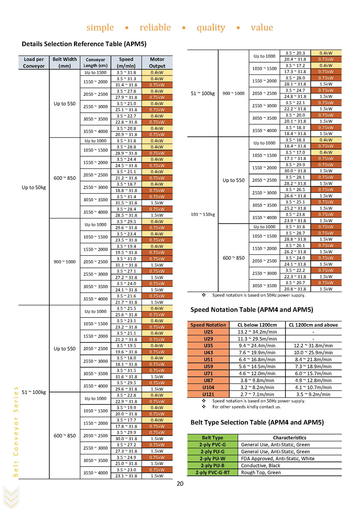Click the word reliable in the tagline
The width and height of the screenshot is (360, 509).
pyautogui.click(x=155, y=27)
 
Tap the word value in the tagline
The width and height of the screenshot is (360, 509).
pyautogui.click(x=262, y=27)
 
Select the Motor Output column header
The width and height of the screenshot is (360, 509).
pyautogui.click(x=157, y=63)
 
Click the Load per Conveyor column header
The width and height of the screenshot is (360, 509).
pyautogui.click(x=34, y=63)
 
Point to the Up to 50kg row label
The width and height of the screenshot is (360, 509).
pyautogui.click(x=34, y=188)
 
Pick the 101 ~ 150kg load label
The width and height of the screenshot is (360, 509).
pyautogui.click(x=203, y=214)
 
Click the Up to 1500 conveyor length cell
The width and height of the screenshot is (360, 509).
pyautogui.click(x=95, y=72)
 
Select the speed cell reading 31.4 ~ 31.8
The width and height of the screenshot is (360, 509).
pyautogui.click(x=126, y=85)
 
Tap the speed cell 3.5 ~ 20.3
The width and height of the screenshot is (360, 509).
pyautogui.click(x=295, y=53)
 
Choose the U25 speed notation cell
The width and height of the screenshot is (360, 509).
pyautogui.click(x=208, y=332)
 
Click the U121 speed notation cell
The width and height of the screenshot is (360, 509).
pyautogui.click(x=208, y=394)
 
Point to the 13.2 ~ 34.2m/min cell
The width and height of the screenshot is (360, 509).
pyautogui.click(x=257, y=332)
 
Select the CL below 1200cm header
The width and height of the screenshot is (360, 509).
pyautogui.click(x=257, y=325)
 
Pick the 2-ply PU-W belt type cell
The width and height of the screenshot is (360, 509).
pyautogui.click(x=212, y=459)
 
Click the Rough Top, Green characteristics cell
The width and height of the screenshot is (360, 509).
pyautogui.click(x=261, y=472)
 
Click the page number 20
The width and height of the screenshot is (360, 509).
pyautogui.click(x=180, y=483)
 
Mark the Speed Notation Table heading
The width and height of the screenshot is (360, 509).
pyautogui.click(x=252, y=310)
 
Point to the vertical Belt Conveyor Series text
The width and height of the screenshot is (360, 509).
pyautogui.click(x=16, y=432)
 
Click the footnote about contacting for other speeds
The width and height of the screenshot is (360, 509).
pyautogui.click(x=247, y=407)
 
